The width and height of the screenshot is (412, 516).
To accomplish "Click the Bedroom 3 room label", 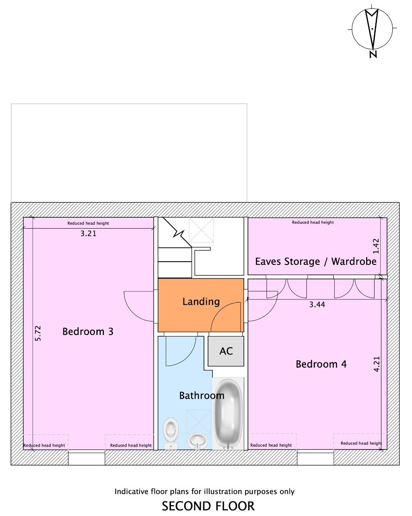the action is [88, 332].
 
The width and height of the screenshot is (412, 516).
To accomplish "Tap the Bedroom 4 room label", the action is [321, 364].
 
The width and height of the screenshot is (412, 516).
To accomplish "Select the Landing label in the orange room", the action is [201, 302].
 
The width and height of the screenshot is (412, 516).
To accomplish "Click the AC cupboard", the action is [226, 351].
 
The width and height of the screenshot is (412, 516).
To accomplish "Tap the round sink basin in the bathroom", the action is [198, 441].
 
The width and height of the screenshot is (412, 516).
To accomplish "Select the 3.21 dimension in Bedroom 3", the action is [88, 233].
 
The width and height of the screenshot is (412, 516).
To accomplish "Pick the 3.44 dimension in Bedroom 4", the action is [317, 304].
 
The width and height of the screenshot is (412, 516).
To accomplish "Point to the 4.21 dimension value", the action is [377, 364].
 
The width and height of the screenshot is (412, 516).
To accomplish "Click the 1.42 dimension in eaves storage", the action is [376, 246].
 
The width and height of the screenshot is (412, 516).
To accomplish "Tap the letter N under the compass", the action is [373, 54].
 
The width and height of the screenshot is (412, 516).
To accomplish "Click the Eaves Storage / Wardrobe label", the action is [316, 261].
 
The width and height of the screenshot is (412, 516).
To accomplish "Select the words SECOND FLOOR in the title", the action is [208, 506].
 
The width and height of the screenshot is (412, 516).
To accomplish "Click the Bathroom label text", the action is [202, 395].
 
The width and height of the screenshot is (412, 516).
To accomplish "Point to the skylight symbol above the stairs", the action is [201, 230].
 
